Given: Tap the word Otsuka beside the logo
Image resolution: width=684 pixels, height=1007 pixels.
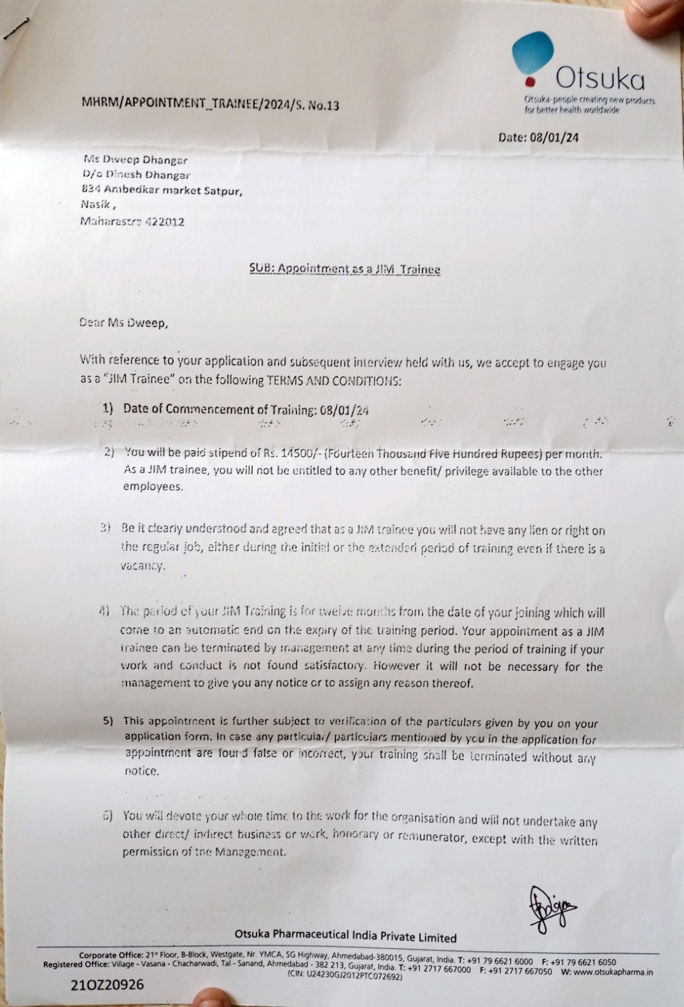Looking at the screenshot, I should click(x=600, y=79).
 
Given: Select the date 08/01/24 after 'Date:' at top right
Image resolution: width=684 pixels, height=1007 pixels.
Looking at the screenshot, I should click(x=555, y=137).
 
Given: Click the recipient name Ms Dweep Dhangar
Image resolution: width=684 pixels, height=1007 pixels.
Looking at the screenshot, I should click(x=135, y=160).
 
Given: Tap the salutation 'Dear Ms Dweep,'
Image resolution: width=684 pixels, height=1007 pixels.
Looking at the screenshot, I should click(x=124, y=322).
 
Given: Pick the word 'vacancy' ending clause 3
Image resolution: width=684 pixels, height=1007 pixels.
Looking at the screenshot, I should click(x=143, y=565).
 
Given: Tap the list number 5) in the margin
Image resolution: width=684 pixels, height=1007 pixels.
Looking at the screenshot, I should click(x=109, y=721).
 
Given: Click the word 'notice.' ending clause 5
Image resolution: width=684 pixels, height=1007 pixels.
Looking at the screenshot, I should click(x=141, y=771).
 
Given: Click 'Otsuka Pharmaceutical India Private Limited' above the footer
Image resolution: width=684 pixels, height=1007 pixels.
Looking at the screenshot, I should click(x=345, y=936).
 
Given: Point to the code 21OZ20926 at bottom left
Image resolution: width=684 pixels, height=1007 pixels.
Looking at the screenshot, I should click(x=107, y=985).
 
